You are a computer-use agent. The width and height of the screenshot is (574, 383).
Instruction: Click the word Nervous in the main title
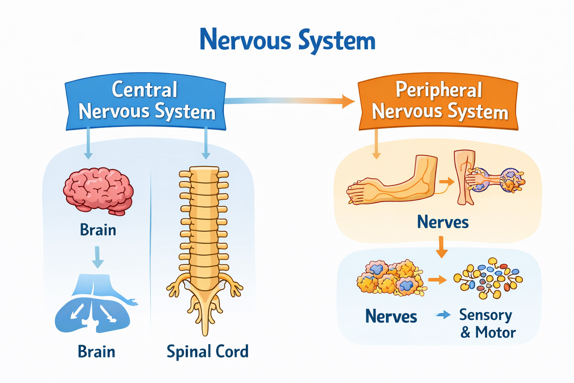click(245, 40)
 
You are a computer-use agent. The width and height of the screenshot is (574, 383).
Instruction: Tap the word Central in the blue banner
click(145, 90)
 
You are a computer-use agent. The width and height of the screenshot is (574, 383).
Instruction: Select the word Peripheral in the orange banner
click(439, 90)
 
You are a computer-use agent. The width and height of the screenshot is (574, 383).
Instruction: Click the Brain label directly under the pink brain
click(98, 230)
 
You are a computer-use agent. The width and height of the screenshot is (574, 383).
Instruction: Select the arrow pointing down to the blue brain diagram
click(98, 257)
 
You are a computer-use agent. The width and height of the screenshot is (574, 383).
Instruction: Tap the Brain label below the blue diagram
click(96, 352)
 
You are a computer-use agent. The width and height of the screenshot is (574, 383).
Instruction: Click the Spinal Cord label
click(207, 352)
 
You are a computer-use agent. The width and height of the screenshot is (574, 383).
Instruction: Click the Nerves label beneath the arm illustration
click(442, 222)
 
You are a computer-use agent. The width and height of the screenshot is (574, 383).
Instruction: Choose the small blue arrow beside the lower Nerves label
click(444, 315)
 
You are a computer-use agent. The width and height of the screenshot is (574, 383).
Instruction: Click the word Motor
click(496, 333)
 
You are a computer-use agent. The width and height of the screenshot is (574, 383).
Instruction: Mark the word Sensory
click(485, 315)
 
